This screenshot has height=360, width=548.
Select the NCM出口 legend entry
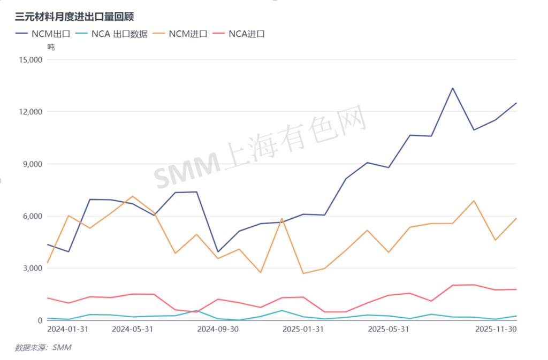[x=43, y=34]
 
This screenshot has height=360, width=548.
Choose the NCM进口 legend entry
[x=181, y=34]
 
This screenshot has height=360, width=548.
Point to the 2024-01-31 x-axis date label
[x=68, y=330]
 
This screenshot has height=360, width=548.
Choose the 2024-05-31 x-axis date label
[x=132, y=330]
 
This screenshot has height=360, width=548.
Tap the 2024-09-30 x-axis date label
[x=218, y=330]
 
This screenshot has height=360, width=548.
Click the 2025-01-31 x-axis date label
[x=303, y=330]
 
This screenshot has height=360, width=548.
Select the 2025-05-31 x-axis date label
[x=389, y=330]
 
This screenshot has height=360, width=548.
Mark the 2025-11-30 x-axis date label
[x=496, y=330]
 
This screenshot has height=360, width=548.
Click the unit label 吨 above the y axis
[x=51, y=47]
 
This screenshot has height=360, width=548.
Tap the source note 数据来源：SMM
[x=43, y=348]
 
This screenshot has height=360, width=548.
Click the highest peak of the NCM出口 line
[x=453, y=88]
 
